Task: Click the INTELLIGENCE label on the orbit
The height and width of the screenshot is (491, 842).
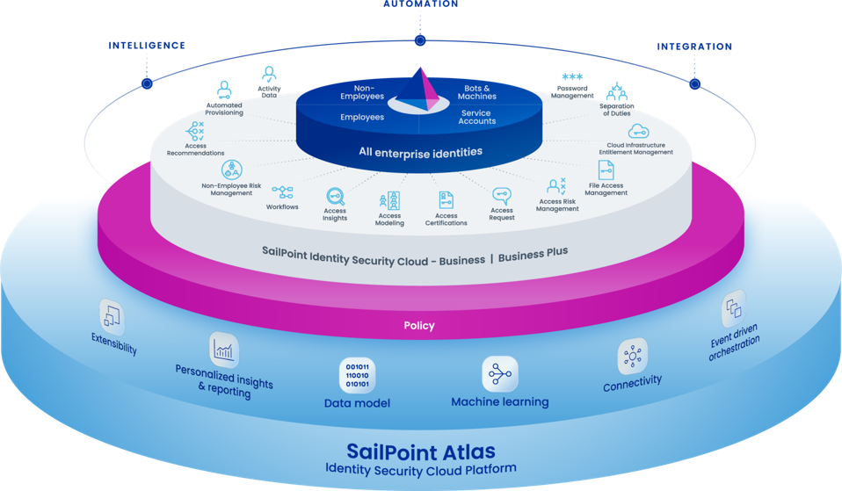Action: click(147, 45)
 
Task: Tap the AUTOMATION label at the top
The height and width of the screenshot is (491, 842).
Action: click(420, 4)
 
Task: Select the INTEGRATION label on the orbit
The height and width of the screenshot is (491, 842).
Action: click(694, 47)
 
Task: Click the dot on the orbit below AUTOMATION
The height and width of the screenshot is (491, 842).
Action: click(420, 40)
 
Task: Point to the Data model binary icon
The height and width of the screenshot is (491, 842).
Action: click(357, 375)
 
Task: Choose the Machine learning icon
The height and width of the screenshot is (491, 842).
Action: click(499, 374)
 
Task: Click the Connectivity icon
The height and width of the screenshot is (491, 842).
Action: click(632, 356)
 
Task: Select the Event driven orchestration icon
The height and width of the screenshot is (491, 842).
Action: click(732, 309)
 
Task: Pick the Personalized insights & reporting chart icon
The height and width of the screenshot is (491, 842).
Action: click(224, 350)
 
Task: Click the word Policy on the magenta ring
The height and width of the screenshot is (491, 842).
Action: click(419, 326)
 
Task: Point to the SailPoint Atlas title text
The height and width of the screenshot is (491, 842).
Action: click(420, 451)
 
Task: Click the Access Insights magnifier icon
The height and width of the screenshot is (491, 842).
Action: click(335, 197)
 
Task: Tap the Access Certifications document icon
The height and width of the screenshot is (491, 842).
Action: click(446, 200)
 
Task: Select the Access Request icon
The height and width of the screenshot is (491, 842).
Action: click(502, 196)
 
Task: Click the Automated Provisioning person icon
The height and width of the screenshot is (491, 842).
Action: click(224, 90)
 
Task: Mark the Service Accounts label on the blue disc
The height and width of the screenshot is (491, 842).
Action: click(477, 116)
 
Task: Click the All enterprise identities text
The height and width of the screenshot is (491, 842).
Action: click(420, 152)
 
